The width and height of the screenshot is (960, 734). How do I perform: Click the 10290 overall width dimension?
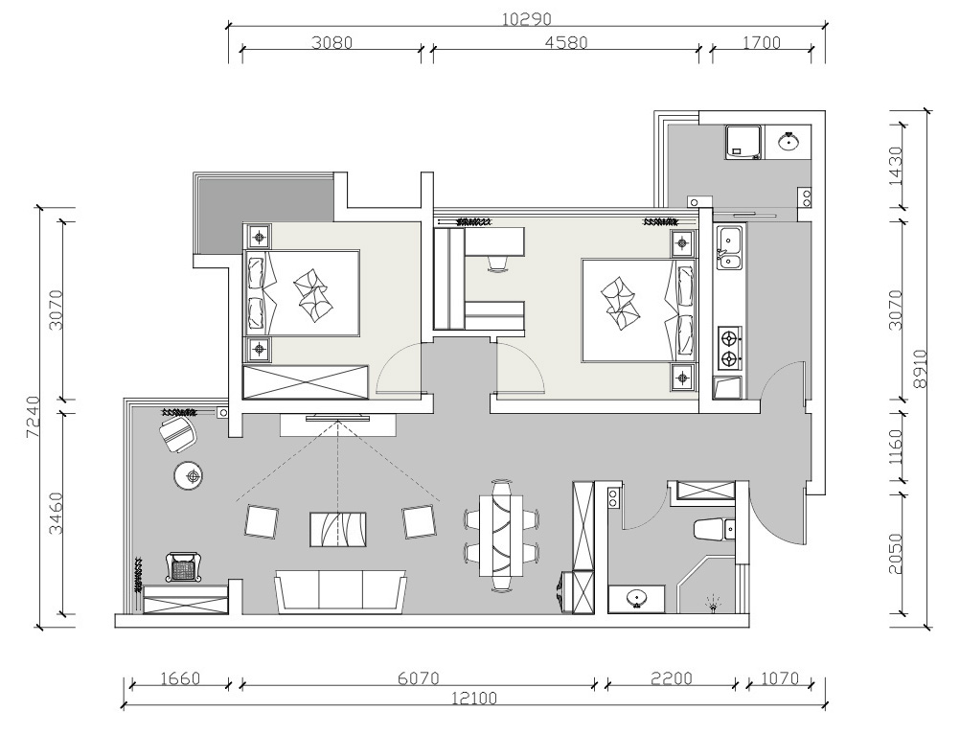pos(527,19)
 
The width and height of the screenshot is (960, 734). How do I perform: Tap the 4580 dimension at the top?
pos(565,42)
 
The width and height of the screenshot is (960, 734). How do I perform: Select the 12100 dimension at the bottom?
pos(474,698)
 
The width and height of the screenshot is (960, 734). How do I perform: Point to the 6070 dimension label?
pos(418,679)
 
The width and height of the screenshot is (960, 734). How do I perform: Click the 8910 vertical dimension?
pos(920,369)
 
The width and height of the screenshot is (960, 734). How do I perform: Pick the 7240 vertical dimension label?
pos(34,417)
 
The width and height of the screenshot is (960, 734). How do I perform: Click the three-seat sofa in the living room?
pos(341,592)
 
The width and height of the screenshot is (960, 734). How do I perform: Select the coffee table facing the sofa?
pos(338,530)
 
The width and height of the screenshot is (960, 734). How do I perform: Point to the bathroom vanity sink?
pos(637,599)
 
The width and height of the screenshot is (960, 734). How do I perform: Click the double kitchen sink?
pos(729,248)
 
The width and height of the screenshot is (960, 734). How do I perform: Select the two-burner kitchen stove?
pos(728,348)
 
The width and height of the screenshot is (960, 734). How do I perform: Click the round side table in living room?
pos(189,476)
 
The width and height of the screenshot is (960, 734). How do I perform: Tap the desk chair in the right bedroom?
pos(499,263)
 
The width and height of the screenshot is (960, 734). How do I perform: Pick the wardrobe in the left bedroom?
pos(306,382)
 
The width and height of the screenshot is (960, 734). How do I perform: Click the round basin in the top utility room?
pos(789,142)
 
